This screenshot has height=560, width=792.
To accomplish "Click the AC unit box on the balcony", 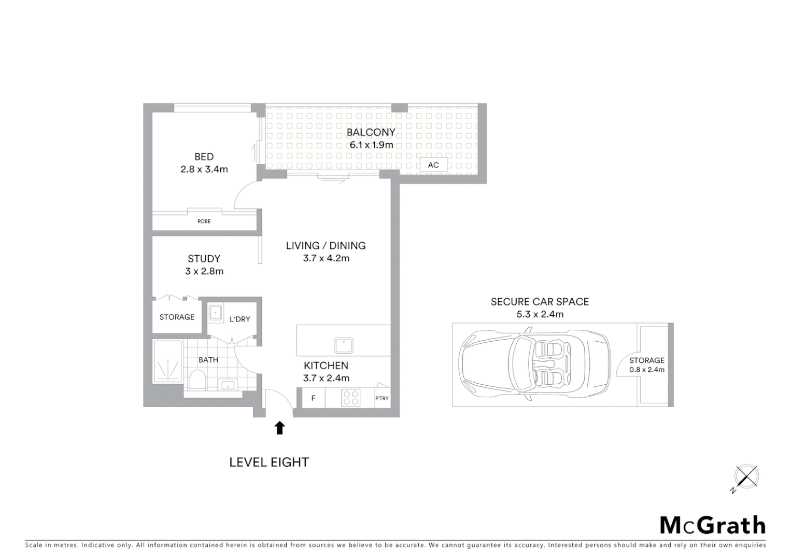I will pyautogui.click(x=433, y=165).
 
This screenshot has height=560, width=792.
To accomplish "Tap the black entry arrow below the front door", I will pyautogui.click(x=279, y=428).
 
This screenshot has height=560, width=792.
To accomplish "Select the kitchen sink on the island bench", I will pyautogui.click(x=344, y=345).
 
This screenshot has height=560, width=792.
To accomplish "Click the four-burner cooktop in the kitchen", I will pyautogui.click(x=351, y=398).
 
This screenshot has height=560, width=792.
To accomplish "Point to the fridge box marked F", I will pyautogui.click(x=314, y=398).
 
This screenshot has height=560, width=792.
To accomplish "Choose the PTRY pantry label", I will pyautogui.click(x=382, y=398).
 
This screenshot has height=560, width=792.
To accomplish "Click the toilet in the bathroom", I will pyautogui.click(x=197, y=380).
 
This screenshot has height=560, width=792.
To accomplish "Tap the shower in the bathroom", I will pyautogui.click(x=167, y=361).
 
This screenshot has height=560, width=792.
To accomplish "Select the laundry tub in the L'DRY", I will pyautogui.click(x=215, y=313).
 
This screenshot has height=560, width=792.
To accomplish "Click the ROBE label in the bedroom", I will pyautogui.click(x=204, y=221).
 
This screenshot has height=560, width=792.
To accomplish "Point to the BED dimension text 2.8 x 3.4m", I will pyautogui.click(x=204, y=169).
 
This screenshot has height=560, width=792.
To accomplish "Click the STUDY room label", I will pyautogui.click(x=204, y=259).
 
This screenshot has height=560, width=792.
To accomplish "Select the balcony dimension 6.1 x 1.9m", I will pyautogui.click(x=371, y=145).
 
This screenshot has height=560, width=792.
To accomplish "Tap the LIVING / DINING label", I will pyautogui.click(x=326, y=246).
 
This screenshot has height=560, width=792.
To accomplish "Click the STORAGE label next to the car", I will pyautogui.click(x=646, y=360).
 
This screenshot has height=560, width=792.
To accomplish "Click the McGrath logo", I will pyautogui.click(x=713, y=525).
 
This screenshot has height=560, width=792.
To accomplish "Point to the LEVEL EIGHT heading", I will pyautogui.click(x=269, y=462).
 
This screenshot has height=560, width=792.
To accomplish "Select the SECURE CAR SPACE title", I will pyautogui.click(x=540, y=302).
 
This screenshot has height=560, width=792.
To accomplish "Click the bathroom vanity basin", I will pyautogui.click(x=227, y=385).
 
